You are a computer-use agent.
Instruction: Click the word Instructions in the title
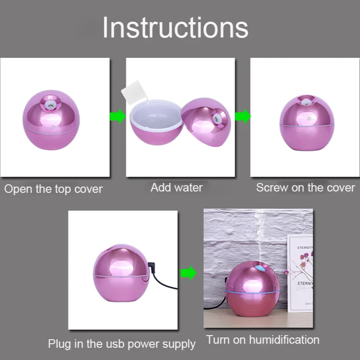pyautogui.click(x=175, y=28)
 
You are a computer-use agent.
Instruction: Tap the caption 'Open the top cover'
pyautogui.click(x=53, y=189)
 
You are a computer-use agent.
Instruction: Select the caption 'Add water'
pyautogui.click(x=176, y=188)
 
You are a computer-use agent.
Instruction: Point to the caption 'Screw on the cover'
pyautogui.click(x=306, y=188)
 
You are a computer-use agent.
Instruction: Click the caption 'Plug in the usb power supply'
pyautogui.click(x=121, y=344)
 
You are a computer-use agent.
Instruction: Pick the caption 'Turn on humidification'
pyautogui.click(x=263, y=340)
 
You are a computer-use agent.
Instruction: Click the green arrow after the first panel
pyautogui.click(x=117, y=117)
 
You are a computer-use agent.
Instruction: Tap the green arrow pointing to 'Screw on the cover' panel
pyautogui.click(x=243, y=117)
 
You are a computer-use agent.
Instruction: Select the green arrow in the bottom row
pyautogui.click(x=189, y=273)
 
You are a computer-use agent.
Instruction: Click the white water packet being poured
pyautogui.click(x=135, y=92)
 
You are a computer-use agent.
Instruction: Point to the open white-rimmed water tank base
pyautogui.click(x=157, y=121)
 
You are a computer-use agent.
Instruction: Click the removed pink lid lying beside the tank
pyautogui.click(x=206, y=122)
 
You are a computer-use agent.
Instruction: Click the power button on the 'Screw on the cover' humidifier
pyautogui.click(x=309, y=118)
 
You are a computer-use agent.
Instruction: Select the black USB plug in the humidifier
pyautogui.click(x=152, y=267)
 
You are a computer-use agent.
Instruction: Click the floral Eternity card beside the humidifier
pyautogui.click(x=300, y=273)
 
